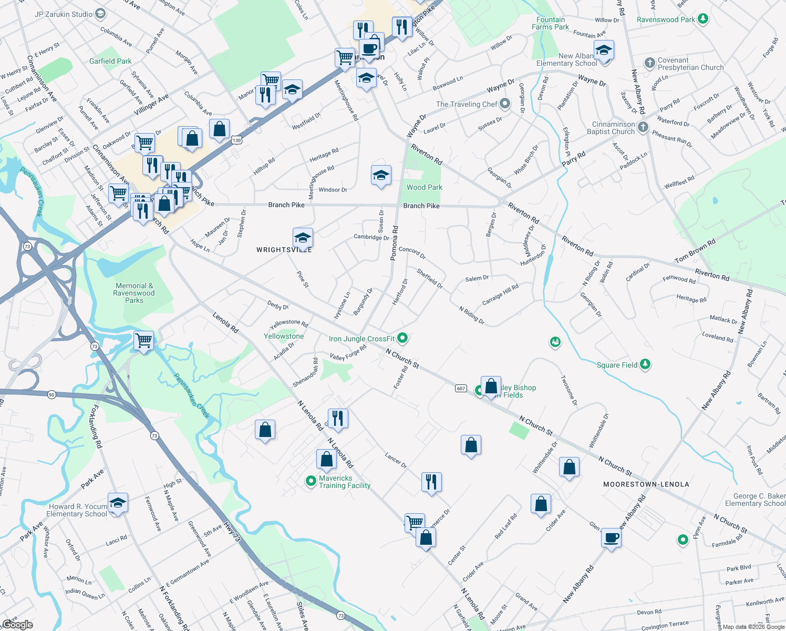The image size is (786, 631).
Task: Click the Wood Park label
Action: (x=424, y=187)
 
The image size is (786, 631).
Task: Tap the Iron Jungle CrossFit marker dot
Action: (x=402, y=338)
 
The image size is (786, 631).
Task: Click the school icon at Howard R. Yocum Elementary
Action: (x=118, y=502)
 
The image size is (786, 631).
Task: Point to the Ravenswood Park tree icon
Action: (x=703, y=19)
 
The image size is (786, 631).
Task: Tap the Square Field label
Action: (x=617, y=365)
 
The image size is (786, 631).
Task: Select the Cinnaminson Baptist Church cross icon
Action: (x=643, y=127)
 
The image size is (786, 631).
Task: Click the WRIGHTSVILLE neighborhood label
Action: (x=284, y=250)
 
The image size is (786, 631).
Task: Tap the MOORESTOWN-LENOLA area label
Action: (x=646, y=484)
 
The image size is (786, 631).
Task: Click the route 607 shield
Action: (x=461, y=389)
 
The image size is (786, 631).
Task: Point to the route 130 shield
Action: (x=236, y=140)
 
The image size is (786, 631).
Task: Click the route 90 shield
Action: (x=51, y=394)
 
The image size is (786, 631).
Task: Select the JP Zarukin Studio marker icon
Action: (x=100, y=14)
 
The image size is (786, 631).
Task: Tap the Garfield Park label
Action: (x=110, y=61)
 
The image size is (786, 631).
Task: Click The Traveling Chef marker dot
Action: (x=505, y=104)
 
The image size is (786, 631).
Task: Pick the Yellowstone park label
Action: (x=284, y=336)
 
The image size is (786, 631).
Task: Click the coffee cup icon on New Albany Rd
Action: (x=611, y=538)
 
